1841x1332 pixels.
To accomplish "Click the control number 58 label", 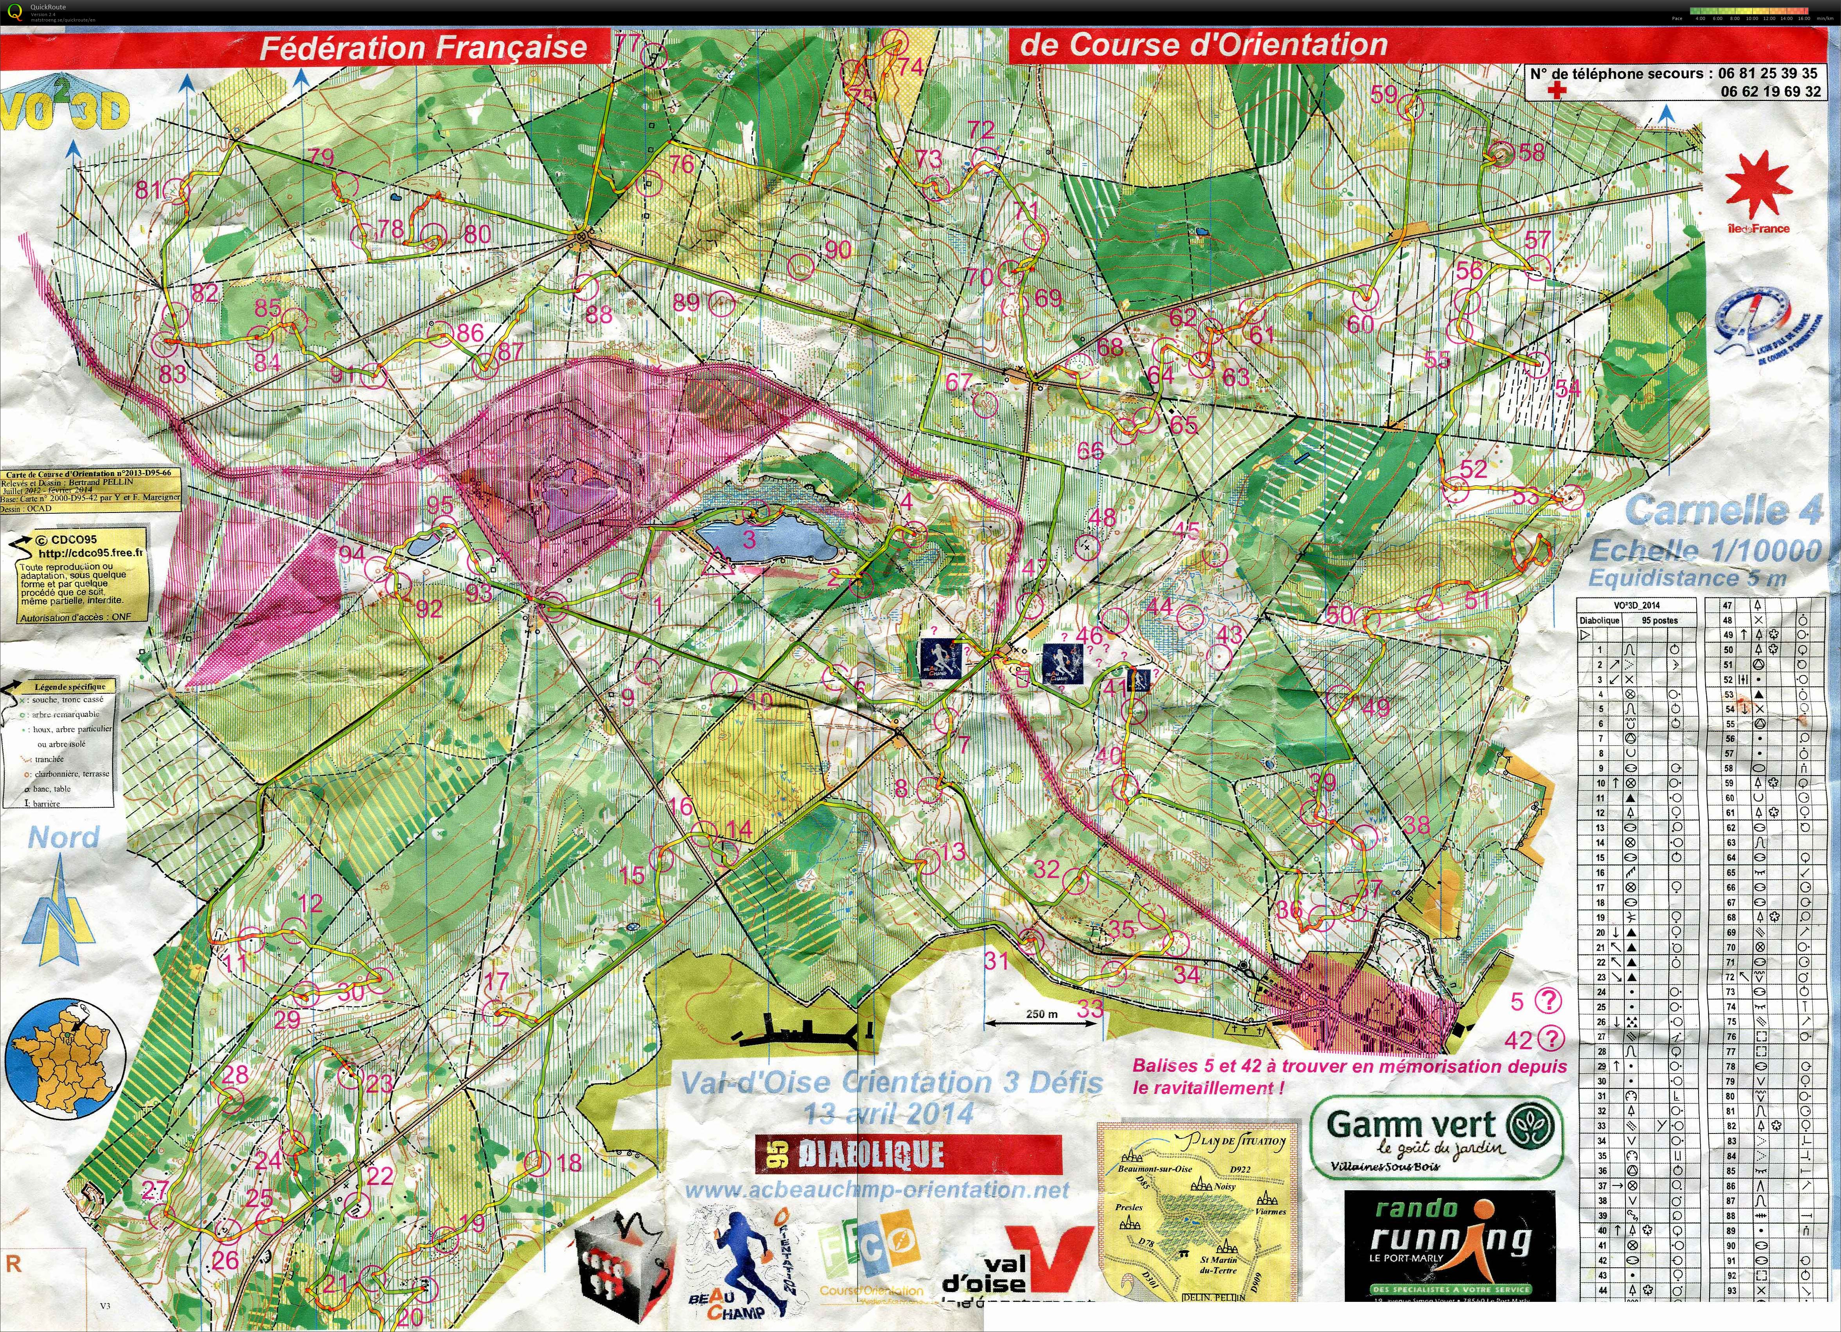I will (x=1531, y=152).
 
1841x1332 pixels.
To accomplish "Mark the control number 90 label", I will (x=838, y=249).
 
